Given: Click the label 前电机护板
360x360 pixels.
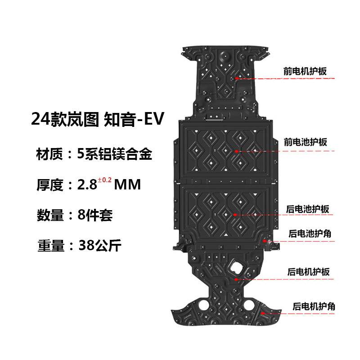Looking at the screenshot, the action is click(305, 71).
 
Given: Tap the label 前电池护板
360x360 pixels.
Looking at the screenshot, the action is click(305, 142).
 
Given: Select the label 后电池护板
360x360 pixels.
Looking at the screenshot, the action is click(308, 209).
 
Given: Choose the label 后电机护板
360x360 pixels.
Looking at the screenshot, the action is click(308, 272).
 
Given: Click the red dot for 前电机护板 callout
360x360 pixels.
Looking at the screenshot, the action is click(235, 78).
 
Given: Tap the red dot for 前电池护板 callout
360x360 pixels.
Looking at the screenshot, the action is click(235, 151).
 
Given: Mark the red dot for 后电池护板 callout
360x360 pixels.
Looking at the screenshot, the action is click(235, 216).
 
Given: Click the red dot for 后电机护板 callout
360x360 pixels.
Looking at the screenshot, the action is click(235, 279).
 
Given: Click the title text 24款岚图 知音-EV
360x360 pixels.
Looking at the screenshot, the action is click(98, 119).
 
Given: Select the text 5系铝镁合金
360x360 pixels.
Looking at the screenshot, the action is click(115, 155).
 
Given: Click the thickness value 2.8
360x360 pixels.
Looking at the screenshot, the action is click(87, 185).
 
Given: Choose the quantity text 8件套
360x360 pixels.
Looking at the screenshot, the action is click(94, 215).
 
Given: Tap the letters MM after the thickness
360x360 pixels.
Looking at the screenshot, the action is click(128, 185).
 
